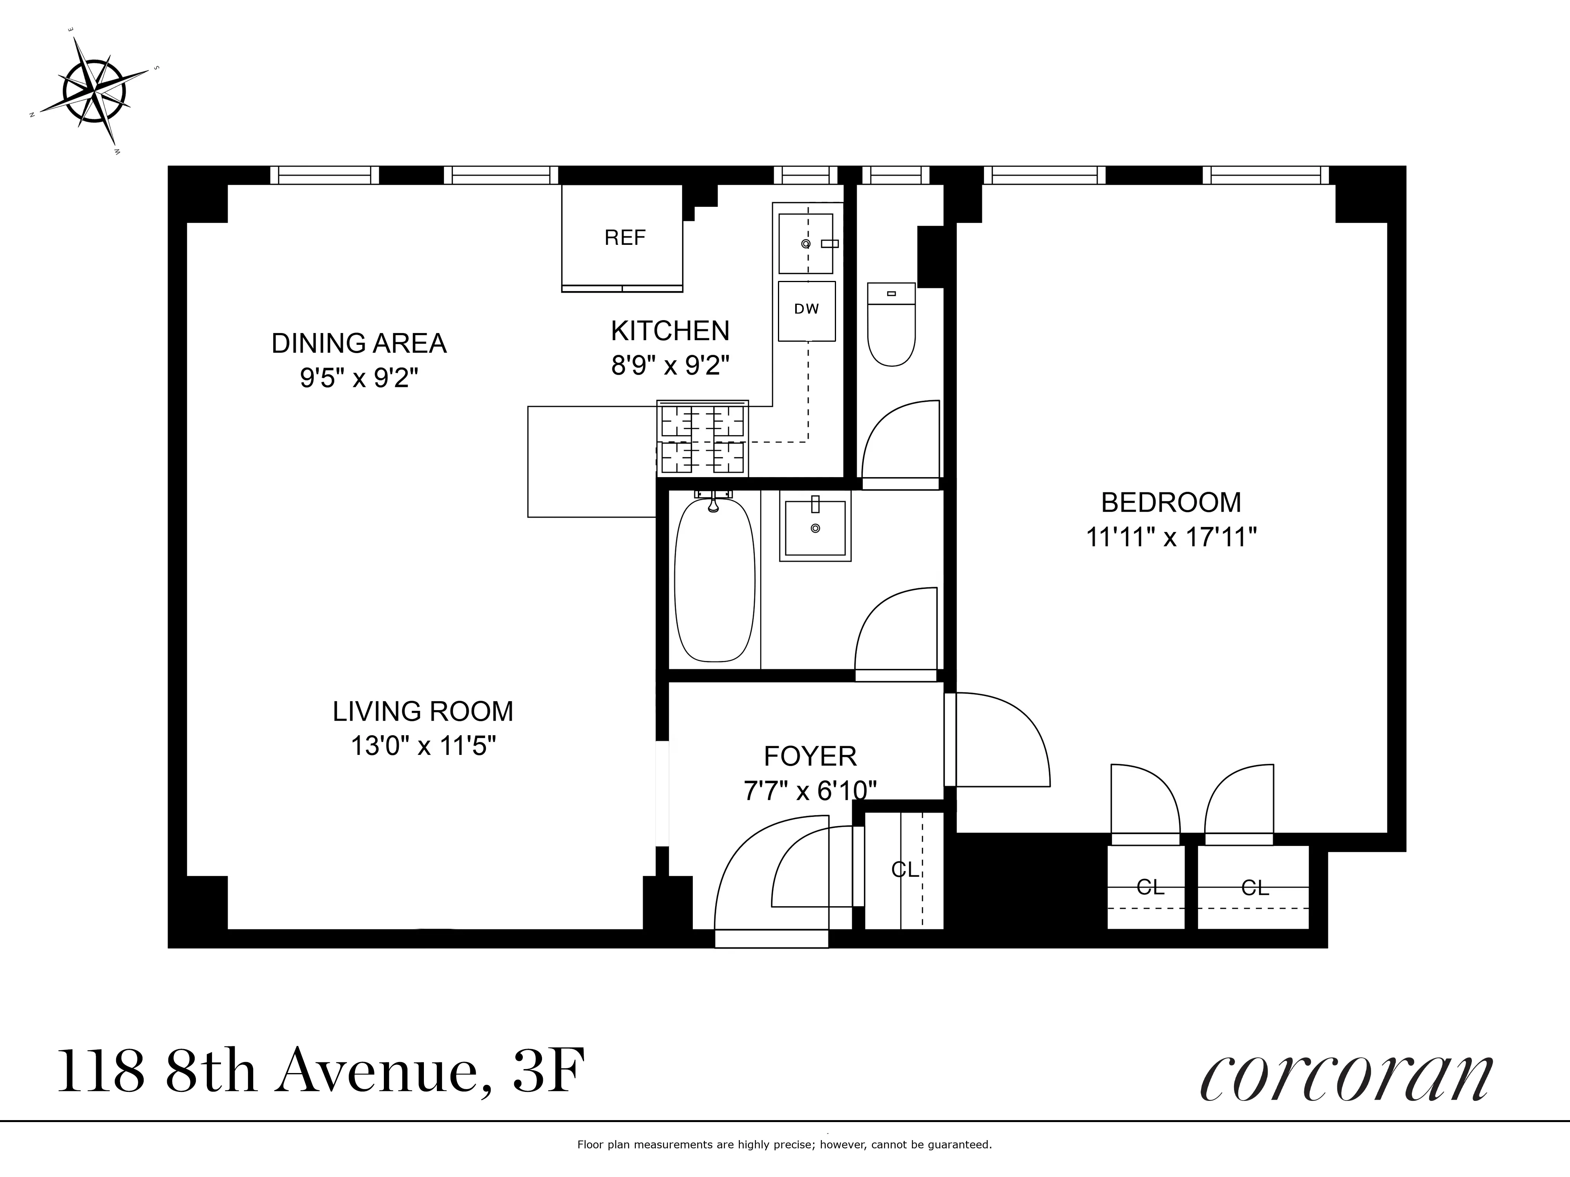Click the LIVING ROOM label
coord(423,711)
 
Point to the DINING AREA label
coord(359,343)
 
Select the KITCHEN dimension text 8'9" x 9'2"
coord(670,365)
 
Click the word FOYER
coord(810,756)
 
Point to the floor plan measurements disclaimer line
coord(784,1144)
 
